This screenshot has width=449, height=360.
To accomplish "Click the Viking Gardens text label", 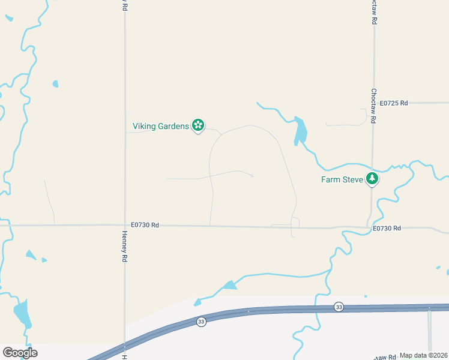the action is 160,126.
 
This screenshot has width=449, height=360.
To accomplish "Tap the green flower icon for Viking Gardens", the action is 198,125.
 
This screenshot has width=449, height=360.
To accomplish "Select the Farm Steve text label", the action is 342,179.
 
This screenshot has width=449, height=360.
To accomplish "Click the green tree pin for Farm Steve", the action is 372,178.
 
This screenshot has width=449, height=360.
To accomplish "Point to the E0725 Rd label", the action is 394,103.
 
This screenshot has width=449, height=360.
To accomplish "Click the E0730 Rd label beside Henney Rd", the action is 147,225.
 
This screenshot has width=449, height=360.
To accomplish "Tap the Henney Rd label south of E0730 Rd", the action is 125,246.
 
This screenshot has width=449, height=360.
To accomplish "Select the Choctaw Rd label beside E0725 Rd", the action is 373,106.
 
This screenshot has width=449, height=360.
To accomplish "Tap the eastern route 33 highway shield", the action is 339,307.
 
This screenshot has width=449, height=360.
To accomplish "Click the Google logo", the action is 20,353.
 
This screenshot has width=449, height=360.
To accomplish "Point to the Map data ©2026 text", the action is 423,355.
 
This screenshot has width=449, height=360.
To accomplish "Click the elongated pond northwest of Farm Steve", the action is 300,131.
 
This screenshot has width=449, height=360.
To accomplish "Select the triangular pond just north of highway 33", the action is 229,286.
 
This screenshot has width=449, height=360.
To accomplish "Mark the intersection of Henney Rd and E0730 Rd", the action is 125,226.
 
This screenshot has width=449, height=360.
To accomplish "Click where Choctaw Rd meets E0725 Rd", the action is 373,103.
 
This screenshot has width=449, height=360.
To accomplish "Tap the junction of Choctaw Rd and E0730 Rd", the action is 368,227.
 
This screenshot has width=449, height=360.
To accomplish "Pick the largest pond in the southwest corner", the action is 22,313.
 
